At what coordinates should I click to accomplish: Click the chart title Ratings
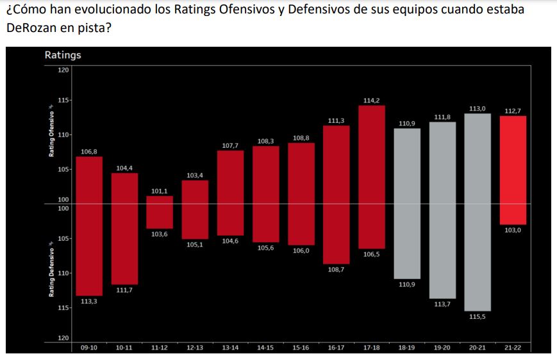pyautogui.click(x=63, y=55)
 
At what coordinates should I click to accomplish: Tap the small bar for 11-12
pyautogui.click(x=160, y=212)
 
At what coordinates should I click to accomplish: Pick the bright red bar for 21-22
pyautogui.click(x=513, y=170)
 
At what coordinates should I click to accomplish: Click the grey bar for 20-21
pyautogui.click(x=478, y=212)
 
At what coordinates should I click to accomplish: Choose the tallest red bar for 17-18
pyautogui.click(x=372, y=177)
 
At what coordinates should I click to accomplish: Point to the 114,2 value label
pyautogui.click(x=372, y=101)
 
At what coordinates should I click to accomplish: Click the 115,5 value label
pyautogui.click(x=478, y=317)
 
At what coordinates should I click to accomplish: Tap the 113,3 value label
pyautogui.click(x=89, y=302)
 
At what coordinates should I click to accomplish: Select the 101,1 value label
pyautogui.click(x=160, y=191)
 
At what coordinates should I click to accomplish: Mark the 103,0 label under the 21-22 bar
pyautogui.click(x=513, y=230)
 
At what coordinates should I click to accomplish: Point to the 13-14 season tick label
pyautogui.click(x=230, y=347)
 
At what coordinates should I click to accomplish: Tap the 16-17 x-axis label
pyautogui.click(x=336, y=347)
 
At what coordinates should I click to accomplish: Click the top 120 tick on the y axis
pyautogui.click(x=63, y=70)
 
